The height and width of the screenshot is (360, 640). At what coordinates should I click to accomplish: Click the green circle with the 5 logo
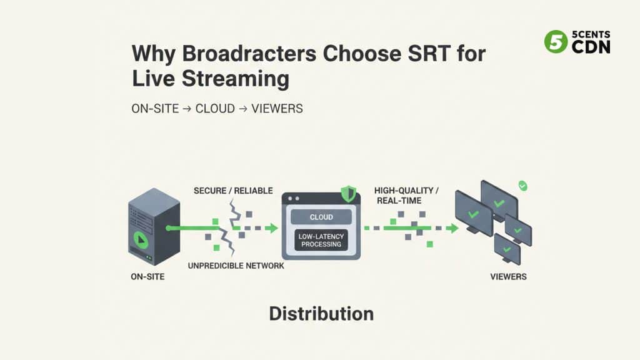tap(555, 42)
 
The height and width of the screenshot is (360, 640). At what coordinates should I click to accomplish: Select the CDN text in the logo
tap(591, 47)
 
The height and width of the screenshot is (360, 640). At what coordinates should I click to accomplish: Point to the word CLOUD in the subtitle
tap(215, 109)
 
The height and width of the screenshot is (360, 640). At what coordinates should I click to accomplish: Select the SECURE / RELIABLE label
tap(233, 190)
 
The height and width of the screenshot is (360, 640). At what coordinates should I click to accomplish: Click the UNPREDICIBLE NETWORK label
tap(236, 266)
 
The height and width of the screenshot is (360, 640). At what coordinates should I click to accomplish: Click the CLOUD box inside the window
tap(321, 217)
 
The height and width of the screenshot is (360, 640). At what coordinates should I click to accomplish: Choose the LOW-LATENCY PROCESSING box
tap(321, 240)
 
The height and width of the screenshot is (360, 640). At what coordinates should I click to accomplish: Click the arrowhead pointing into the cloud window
tap(271, 229)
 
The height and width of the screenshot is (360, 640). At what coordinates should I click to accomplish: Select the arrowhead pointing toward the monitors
tap(452, 229)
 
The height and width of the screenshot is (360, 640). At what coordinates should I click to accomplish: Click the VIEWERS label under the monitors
tap(508, 276)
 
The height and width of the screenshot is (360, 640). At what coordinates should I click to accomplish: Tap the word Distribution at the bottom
tap(321, 313)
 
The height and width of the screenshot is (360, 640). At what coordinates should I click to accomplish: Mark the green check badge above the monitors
tap(523, 186)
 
